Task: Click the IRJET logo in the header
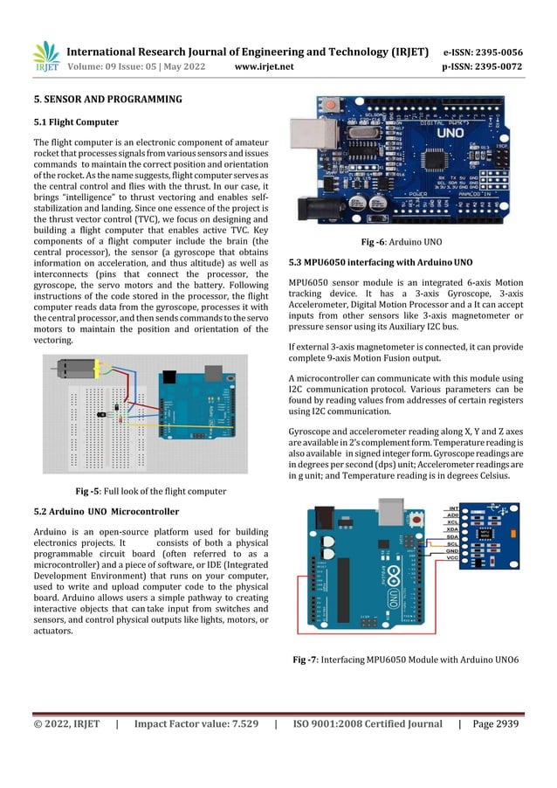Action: pyautogui.click(x=45, y=56)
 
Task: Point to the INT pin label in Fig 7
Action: pyautogui.click(x=454, y=508)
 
